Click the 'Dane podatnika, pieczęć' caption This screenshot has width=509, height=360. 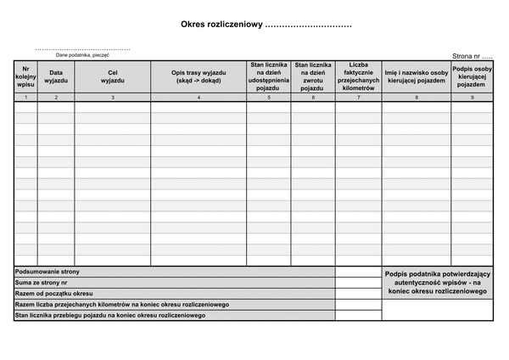point(82,54)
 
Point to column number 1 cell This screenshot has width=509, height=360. point(25,98)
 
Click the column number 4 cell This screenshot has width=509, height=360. point(199,98)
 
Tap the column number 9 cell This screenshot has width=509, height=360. point(472,98)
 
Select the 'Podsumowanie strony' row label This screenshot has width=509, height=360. point(48,272)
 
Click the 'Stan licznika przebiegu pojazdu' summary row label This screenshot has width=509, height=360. point(110,316)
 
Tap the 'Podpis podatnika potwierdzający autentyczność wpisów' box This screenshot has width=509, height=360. point(437,283)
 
